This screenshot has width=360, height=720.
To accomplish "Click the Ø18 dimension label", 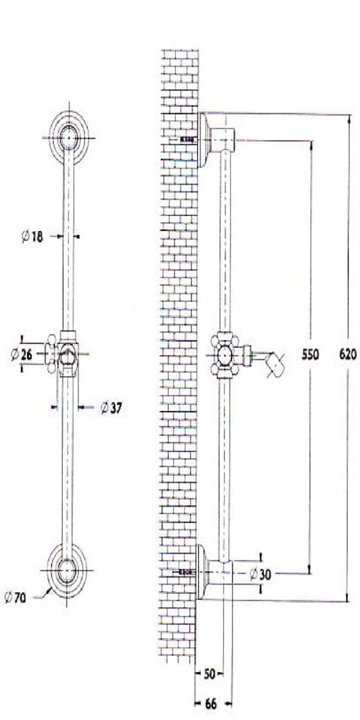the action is (32, 236).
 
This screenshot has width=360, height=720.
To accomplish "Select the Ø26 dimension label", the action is (22, 355).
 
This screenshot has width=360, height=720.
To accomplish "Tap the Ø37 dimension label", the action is (111, 408).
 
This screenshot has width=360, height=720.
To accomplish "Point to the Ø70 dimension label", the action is (15, 598).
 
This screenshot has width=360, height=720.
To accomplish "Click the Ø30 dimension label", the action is (260, 574).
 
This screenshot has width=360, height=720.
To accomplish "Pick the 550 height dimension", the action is (310, 355).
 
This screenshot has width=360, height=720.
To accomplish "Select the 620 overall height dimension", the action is (348, 355).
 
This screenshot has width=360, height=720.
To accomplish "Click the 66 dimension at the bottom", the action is (211, 704).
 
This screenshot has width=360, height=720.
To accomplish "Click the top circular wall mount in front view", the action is (68, 138).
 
